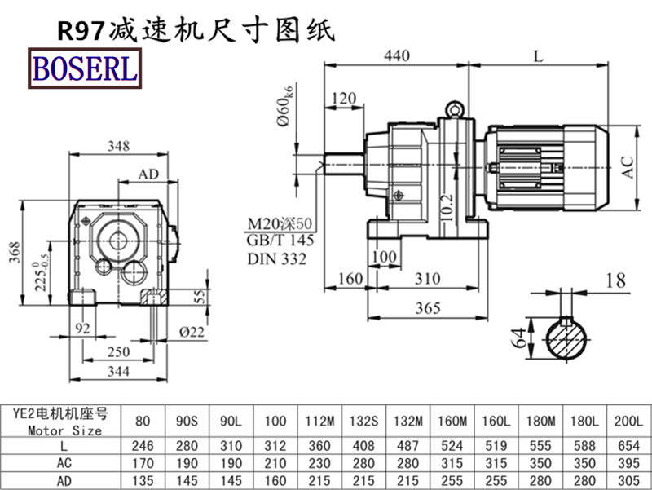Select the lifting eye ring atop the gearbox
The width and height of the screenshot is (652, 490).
pyautogui.click(x=455, y=108)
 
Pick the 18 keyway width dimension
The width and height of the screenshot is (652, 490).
pyautogui.click(x=616, y=281)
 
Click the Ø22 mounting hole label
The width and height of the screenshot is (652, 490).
pyautogui.click(x=192, y=332)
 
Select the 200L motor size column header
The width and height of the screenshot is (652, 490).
pyautogui.click(x=629, y=422)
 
